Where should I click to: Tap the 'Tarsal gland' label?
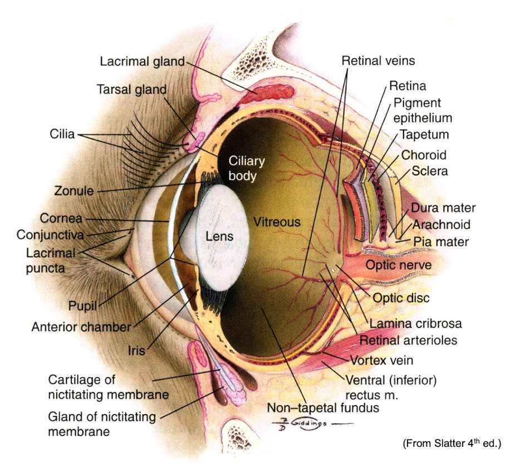click(131, 89)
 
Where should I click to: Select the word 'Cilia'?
click(61, 134)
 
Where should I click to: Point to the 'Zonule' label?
click(73, 190)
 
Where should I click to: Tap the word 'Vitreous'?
click(277, 222)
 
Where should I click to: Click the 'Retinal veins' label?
click(378, 60)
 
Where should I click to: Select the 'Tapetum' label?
click(424, 135)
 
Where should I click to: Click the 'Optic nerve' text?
click(398, 265)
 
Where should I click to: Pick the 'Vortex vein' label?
click(381, 360)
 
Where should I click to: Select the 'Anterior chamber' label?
click(80, 327)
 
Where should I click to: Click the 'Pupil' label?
click(83, 305)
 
